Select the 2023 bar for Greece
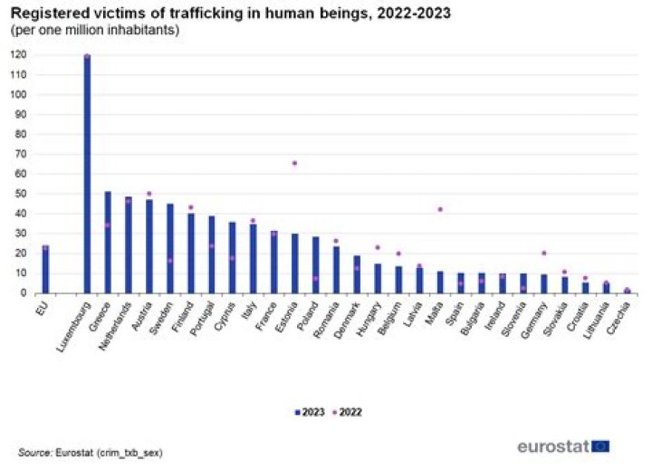[x=108, y=242]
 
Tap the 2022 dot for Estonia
[x=295, y=163]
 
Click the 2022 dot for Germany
[x=544, y=253]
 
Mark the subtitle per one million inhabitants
[x=95, y=30]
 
